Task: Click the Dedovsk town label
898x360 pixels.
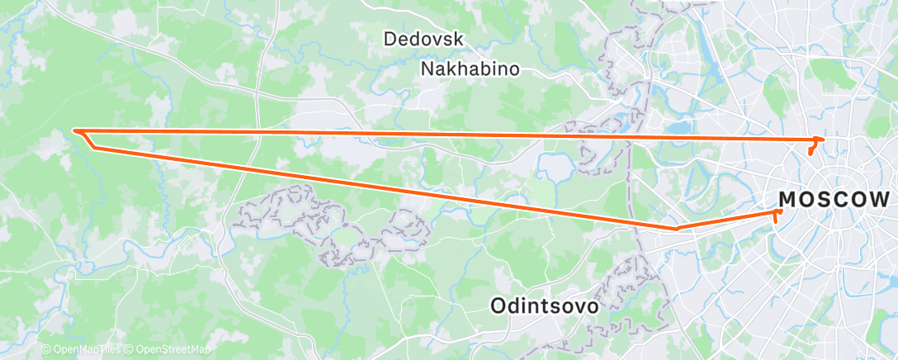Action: pyautogui.click(x=423, y=39)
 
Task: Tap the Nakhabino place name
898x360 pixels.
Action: pyautogui.click(x=470, y=69)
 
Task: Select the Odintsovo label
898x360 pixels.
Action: pyautogui.click(x=544, y=306)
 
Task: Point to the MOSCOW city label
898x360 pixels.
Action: pyautogui.click(x=834, y=200)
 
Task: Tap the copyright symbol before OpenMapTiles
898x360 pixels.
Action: pyautogui.click(x=46, y=349)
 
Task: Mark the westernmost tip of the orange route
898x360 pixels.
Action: pyautogui.click(x=74, y=130)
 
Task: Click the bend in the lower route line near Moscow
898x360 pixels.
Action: pyautogui.click(x=676, y=228)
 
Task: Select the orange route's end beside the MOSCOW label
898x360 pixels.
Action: pyautogui.click(x=779, y=212)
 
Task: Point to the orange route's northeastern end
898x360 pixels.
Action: pyautogui.click(x=819, y=139)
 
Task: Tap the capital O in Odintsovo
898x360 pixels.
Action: pyautogui.click(x=498, y=306)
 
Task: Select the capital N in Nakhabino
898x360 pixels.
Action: pyautogui.click(x=428, y=69)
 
